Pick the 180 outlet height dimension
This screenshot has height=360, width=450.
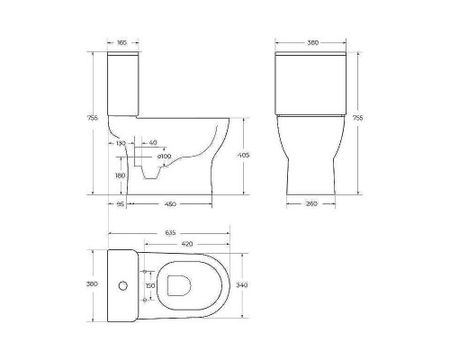[x=120, y=175]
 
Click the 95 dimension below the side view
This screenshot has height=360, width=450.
[x=120, y=204]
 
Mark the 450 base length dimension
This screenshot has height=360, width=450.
[x=169, y=204]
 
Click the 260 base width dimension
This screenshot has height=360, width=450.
[x=311, y=204]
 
